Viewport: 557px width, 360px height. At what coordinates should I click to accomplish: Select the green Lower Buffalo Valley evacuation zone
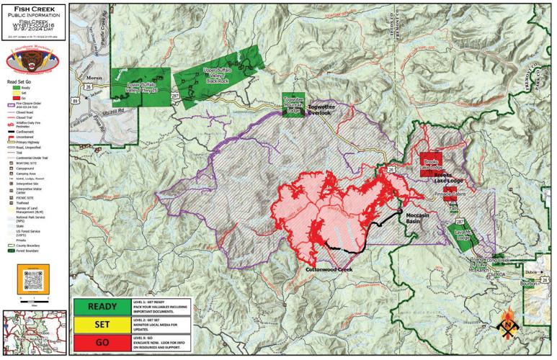141,88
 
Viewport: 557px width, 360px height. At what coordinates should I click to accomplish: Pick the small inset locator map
33,333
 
